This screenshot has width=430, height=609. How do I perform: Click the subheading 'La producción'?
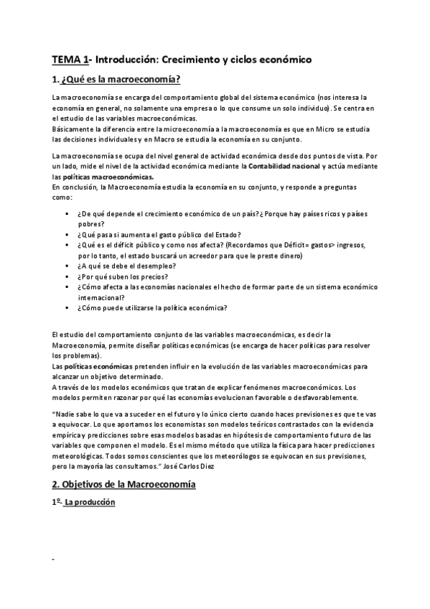[x=90, y=503]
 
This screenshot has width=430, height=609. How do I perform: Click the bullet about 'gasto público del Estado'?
[x=159, y=235]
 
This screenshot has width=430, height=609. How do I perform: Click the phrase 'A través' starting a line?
[x=70, y=386]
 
